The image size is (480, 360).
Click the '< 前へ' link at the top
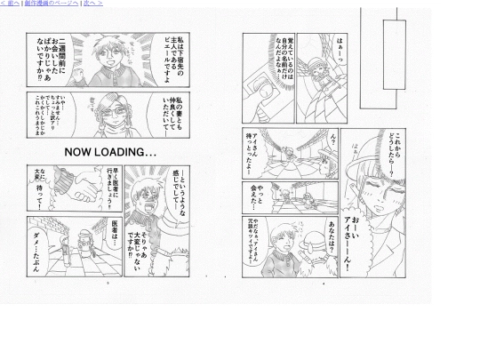pos(10,4)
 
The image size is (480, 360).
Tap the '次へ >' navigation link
pos(93,4)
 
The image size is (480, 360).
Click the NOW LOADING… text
pos(110,152)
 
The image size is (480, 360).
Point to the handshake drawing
pos(88,183)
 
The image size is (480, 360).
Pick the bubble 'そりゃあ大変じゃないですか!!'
pos(170,230)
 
